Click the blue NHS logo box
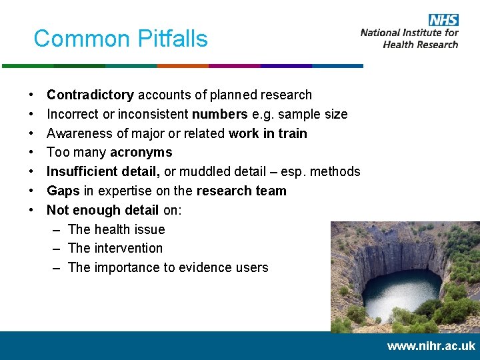pos(443,20)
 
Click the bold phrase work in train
pos(267,133)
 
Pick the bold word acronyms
pos(141,153)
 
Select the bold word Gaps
pos(63,191)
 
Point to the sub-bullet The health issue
pos(116,229)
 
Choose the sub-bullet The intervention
pos(115,248)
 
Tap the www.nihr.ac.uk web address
pos(431,346)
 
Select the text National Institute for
pos(409,33)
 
